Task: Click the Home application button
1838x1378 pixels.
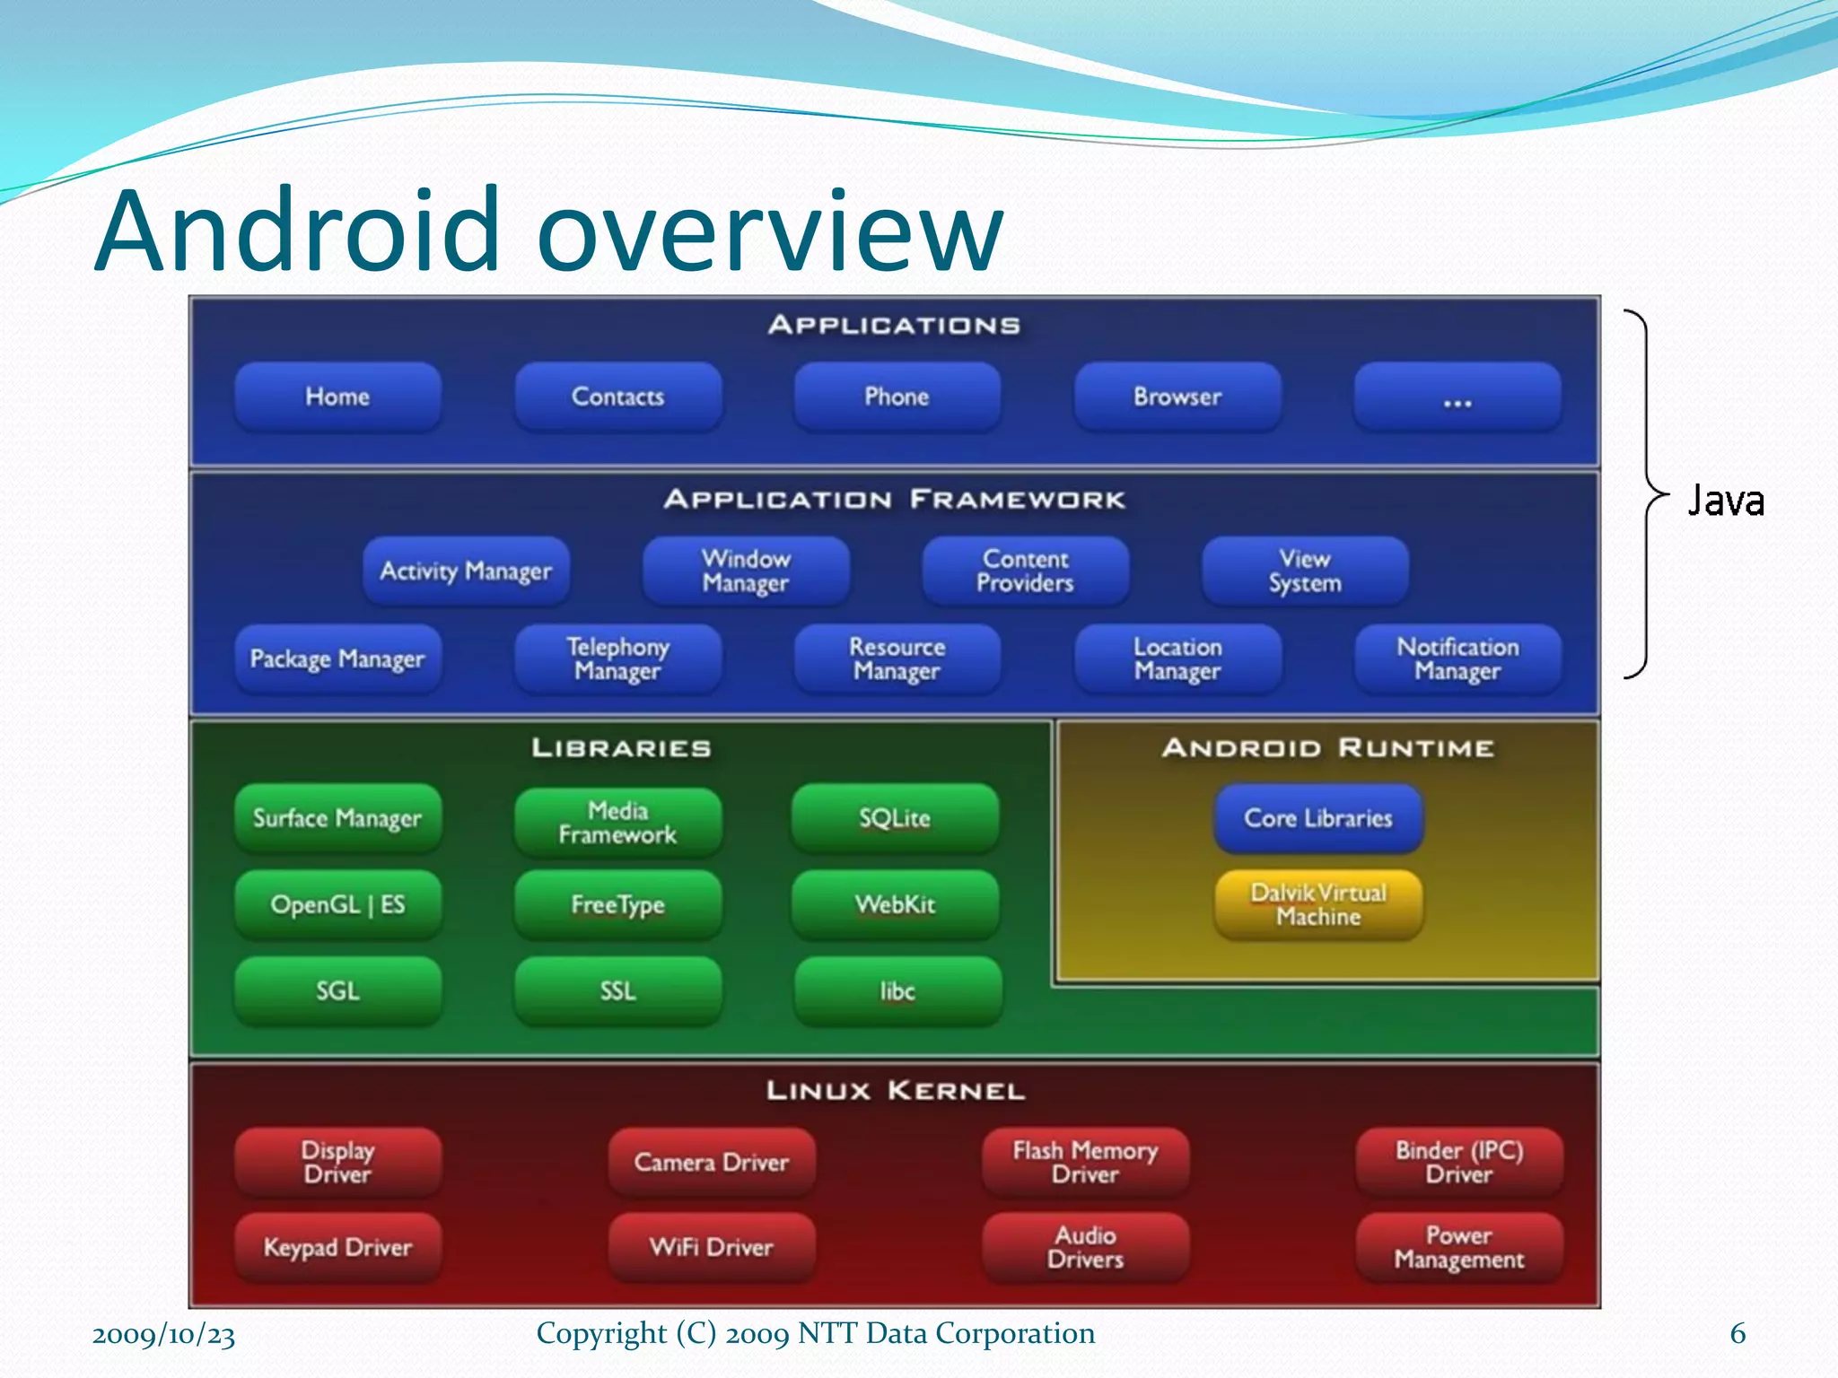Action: tap(337, 397)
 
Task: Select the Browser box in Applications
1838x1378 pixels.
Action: tap(1177, 397)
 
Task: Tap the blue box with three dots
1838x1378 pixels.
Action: tap(1457, 397)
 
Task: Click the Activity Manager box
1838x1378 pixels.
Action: tap(466, 571)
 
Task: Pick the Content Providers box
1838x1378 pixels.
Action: tap(1026, 571)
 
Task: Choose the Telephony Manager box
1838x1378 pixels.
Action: tap(617, 658)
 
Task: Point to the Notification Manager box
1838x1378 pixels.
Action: tap(1457, 658)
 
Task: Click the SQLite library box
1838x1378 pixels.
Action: tap(895, 818)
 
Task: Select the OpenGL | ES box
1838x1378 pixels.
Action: tap(337, 904)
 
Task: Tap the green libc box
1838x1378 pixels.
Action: tap(897, 990)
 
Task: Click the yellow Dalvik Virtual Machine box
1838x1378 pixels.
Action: tap(1318, 904)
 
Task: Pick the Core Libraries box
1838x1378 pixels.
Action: tap(1318, 818)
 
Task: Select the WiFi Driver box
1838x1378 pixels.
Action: tap(712, 1247)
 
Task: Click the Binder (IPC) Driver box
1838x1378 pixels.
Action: tap(1459, 1162)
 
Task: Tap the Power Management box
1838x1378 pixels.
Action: tap(1459, 1247)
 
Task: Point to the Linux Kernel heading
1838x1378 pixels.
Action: tap(895, 1091)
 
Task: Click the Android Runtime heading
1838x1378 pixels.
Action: tap(1327, 748)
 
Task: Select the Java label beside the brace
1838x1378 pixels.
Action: tap(1725, 501)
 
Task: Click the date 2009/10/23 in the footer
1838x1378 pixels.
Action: tap(163, 1335)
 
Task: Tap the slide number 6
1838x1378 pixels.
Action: tap(1737, 1334)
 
